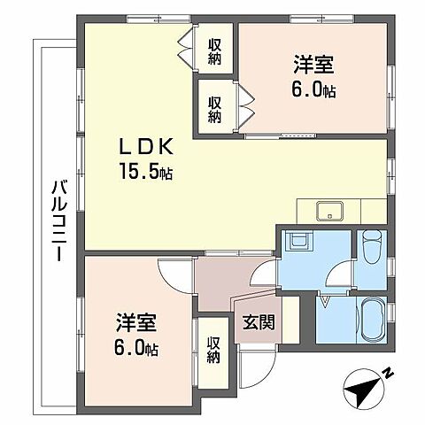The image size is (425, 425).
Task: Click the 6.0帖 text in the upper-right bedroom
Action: click(314, 90)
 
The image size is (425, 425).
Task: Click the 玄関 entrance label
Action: click(259, 324)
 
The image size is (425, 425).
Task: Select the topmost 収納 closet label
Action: click(216, 52)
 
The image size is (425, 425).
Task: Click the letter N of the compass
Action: click(388, 375)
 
